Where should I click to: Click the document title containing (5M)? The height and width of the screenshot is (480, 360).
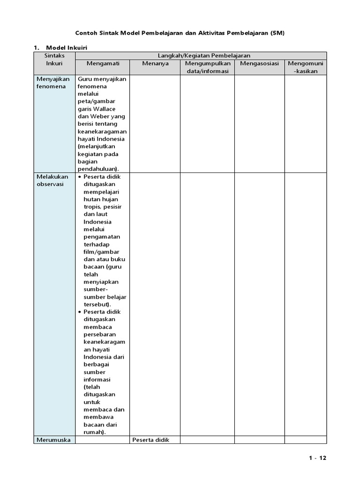click(x=180, y=33)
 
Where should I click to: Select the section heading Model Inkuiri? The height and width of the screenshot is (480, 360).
click(x=66, y=48)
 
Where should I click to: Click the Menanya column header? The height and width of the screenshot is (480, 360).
click(x=155, y=63)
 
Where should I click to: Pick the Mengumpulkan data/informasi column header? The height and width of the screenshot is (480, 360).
click(x=208, y=67)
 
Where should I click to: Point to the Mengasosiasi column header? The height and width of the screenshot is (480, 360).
click(x=259, y=63)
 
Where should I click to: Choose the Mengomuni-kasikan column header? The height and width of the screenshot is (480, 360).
click(x=305, y=67)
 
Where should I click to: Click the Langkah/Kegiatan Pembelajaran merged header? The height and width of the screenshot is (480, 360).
click(x=204, y=56)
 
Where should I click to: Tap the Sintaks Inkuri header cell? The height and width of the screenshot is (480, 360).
click(x=54, y=60)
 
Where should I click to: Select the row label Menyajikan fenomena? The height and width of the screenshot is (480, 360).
click(x=52, y=83)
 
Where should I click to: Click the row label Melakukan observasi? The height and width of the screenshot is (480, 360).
click(x=52, y=180)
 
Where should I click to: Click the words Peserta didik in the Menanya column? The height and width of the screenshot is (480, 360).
click(x=150, y=440)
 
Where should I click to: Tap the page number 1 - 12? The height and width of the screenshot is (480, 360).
click(x=317, y=458)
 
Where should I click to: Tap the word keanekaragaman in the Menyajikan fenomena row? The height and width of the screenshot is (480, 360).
click(x=102, y=132)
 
